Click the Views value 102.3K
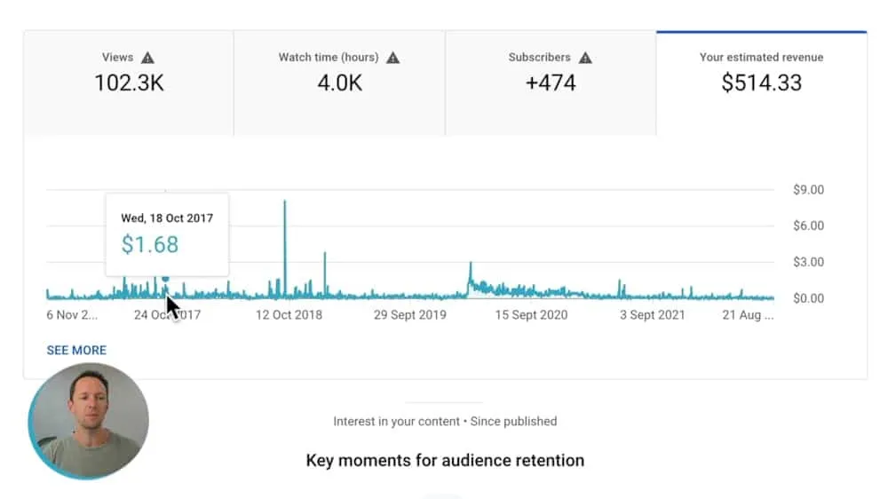tap(129, 83)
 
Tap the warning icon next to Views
tap(147, 58)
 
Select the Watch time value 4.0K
tap(339, 83)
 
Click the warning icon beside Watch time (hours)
tap(393, 58)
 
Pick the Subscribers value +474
tap(551, 83)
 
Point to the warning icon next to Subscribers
tap(585, 58)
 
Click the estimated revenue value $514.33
tap(761, 83)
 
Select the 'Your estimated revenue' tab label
tap(761, 57)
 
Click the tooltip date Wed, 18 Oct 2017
tap(167, 218)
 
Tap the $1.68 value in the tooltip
tap(150, 244)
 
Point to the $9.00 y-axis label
tap(808, 189)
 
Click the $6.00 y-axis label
tap(808, 226)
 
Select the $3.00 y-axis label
tap(808, 262)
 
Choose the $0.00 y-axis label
tap(808, 298)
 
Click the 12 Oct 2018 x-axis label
tap(289, 315)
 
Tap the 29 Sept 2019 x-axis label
tap(409, 315)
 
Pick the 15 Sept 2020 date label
tap(531, 315)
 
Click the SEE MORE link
tap(76, 351)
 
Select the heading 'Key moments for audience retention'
tap(445, 461)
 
